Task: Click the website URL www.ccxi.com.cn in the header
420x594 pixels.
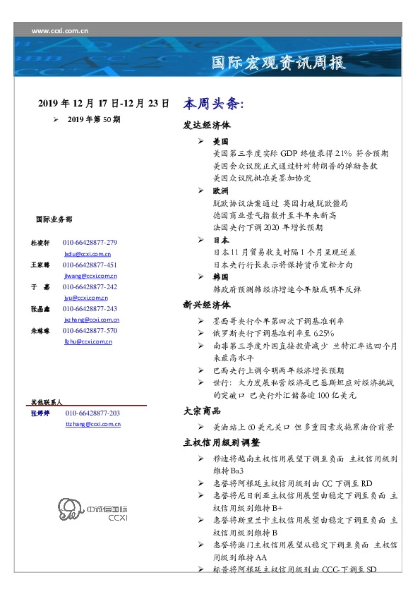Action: pyautogui.click(x=60, y=30)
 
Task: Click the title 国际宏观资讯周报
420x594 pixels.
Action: pyautogui.click(x=280, y=63)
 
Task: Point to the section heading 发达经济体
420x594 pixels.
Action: pyautogui.click(x=207, y=128)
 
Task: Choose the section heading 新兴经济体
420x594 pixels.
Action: pyautogui.click(x=207, y=305)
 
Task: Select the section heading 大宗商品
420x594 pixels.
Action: pyautogui.click(x=202, y=411)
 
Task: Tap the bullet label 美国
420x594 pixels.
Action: pyautogui.click(x=220, y=142)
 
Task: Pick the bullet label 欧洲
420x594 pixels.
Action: pyautogui.click(x=220, y=191)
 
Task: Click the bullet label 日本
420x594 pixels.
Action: pyautogui.click(x=220, y=240)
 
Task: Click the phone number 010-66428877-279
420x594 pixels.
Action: pyautogui.click(x=90, y=242)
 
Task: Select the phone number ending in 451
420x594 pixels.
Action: pyautogui.click(x=90, y=265)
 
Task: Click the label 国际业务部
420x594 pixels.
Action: pyautogui.click(x=53, y=220)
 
